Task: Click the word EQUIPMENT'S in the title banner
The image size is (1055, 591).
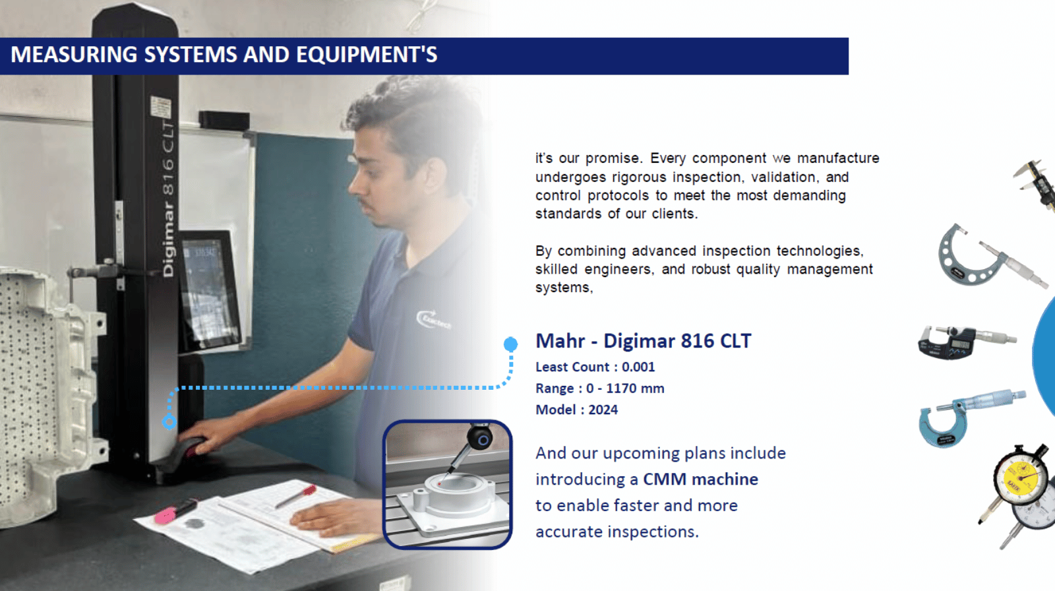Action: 367,55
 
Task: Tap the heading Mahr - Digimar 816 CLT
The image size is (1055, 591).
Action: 644,341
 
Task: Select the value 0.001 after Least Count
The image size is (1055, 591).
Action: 638,367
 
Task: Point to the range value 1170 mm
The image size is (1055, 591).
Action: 635,389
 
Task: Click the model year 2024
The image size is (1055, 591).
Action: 603,410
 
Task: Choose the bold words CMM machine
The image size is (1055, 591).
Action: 701,480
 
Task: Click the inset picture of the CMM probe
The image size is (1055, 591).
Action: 448,485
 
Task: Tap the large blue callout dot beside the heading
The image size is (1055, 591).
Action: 510,344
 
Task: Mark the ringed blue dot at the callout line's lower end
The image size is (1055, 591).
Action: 169,421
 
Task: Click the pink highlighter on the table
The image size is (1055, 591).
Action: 175,512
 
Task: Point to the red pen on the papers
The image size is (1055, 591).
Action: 296,496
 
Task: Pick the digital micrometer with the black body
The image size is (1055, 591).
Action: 965,342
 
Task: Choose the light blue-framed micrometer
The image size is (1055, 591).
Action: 970,417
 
